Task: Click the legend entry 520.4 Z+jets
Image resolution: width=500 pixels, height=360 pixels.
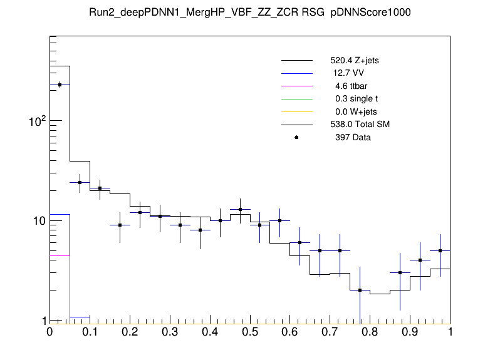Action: coord(354,61)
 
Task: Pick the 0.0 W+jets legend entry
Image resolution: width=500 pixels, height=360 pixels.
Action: coord(354,111)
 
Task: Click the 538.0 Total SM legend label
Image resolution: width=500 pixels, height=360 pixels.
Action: coord(360,125)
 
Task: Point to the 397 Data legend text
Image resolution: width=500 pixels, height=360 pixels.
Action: coord(353,137)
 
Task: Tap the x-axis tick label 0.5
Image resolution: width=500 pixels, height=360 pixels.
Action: coord(250,332)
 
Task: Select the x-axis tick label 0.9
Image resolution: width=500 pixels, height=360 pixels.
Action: coord(410,332)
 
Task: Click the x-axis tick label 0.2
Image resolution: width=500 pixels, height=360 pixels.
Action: coord(130,332)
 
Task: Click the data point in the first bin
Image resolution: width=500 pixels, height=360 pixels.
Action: coord(60,85)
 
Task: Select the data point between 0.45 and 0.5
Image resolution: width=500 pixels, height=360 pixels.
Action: coord(240,209)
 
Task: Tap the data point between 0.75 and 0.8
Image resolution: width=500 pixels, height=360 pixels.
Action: coord(360,291)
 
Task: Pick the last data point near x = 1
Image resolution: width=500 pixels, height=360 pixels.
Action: coord(440,250)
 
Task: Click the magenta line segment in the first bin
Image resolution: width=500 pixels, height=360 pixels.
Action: coord(60,255)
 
